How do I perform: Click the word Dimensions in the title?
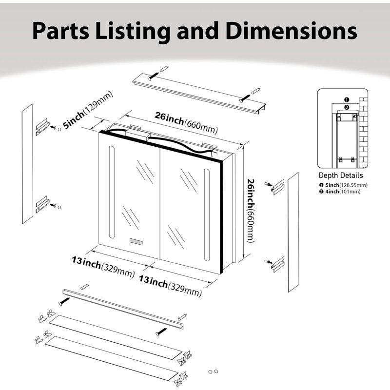coord(291,31)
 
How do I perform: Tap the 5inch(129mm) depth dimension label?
coord(88,110)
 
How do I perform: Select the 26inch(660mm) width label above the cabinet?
coord(186,123)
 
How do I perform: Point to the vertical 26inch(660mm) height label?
coord(251,211)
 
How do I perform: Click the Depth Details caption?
coord(341,175)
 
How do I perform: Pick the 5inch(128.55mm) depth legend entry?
coord(344,185)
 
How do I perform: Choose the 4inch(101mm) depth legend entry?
coord(340,192)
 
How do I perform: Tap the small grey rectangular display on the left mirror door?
coord(136,241)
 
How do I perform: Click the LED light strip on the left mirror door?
coord(112,192)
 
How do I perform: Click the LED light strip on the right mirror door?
coord(207,215)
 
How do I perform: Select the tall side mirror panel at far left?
coord(27,164)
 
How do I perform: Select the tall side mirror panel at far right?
coord(293,232)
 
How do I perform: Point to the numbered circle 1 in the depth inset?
coord(347,100)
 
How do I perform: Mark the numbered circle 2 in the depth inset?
coord(347,107)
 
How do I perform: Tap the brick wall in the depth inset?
coord(363,133)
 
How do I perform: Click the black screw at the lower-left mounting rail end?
coord(64,301)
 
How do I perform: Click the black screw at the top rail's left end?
coord(153,77)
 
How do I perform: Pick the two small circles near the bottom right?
coord(213,371)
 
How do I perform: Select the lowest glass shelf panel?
coord(112,358)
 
